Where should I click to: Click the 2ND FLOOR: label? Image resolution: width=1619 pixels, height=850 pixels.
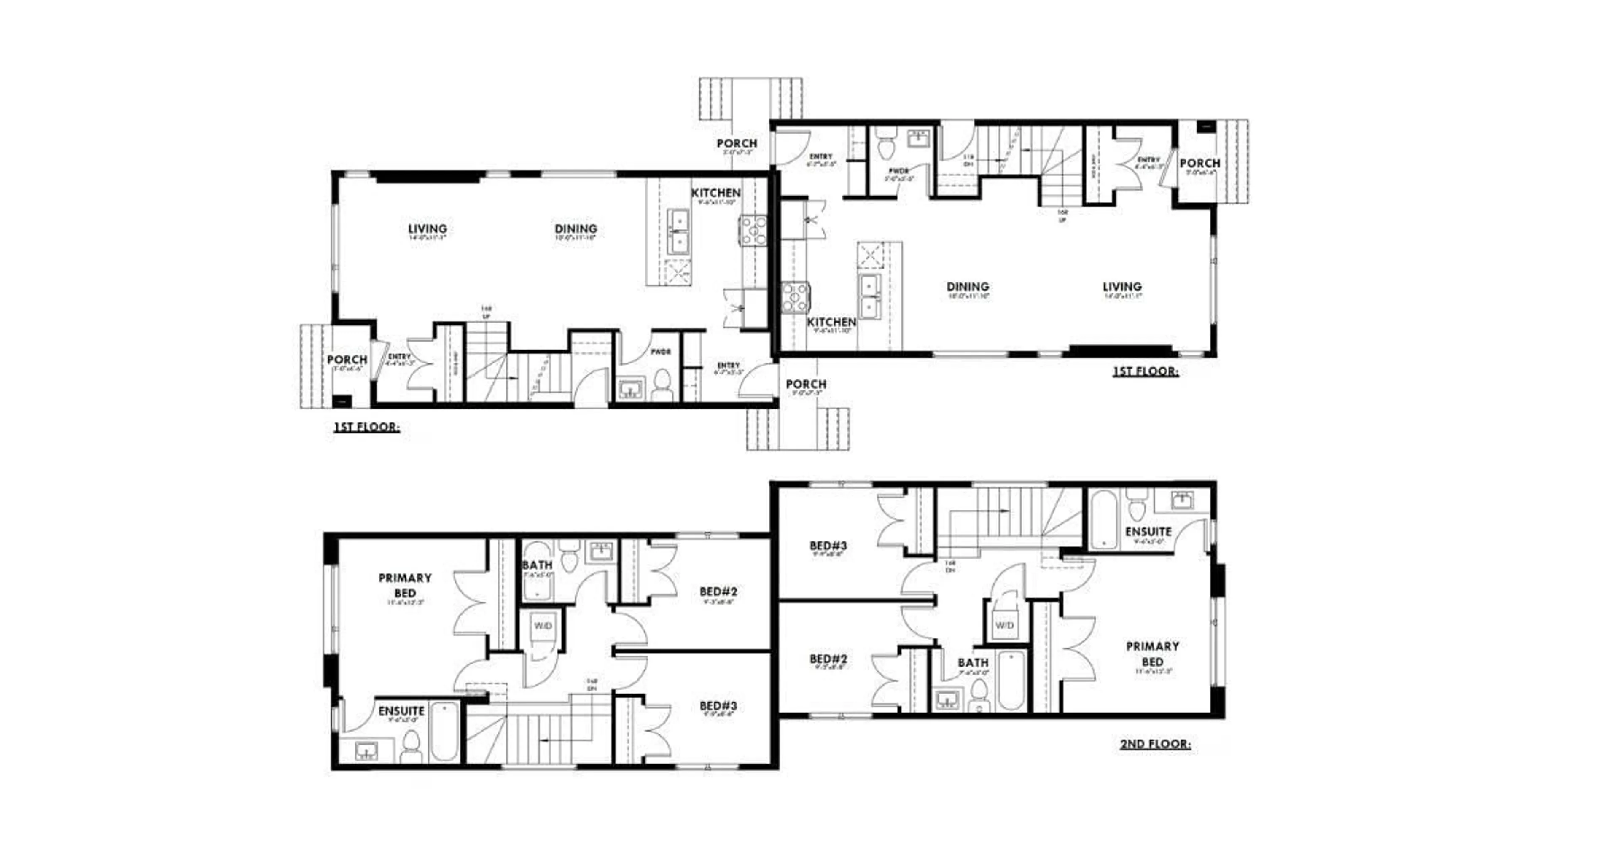coord(1155,744)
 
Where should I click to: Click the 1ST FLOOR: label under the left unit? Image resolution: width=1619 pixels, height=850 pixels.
coord(366,427)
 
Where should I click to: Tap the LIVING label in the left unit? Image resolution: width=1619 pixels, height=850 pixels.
coord(428,229)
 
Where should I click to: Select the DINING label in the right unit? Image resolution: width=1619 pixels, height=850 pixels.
coord(968,287)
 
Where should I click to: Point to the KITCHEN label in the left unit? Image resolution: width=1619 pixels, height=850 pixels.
coord(716,193)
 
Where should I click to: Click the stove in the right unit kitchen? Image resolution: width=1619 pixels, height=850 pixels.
coord(795,297)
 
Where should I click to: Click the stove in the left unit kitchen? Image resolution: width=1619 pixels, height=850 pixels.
coord(753,230)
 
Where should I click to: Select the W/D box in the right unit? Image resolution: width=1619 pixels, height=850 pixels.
coord(1004,626)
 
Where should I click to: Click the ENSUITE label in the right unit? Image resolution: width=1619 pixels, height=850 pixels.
coord(1148,532)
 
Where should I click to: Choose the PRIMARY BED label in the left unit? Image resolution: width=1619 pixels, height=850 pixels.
coord(405,585)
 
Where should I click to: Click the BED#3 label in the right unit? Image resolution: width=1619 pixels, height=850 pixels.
coord(828,546)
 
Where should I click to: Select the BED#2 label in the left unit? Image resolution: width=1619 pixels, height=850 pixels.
coord(718,592)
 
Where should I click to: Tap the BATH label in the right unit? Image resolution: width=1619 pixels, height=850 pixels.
coord(973,663)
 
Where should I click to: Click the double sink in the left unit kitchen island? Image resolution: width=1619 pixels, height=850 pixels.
coord(678,232)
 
